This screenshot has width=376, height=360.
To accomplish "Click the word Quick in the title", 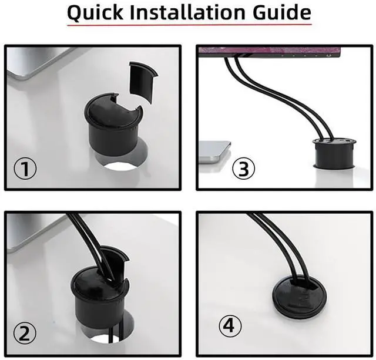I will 96,12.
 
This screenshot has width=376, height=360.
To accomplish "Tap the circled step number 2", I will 25,334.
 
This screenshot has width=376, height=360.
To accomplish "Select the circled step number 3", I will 244,169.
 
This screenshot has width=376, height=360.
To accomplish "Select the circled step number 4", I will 230,325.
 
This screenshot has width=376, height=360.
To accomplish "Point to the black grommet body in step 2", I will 99,300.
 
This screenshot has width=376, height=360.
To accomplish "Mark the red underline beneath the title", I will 188,25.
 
